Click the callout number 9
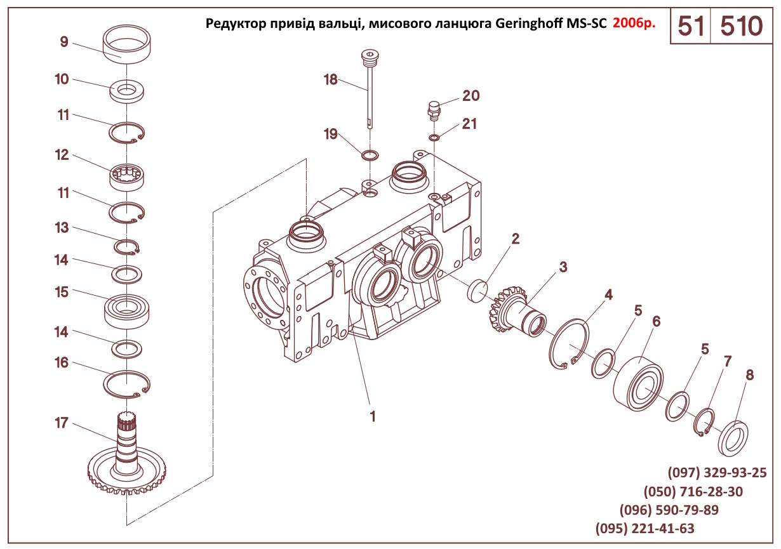pyautogui.click(x=64, y=43)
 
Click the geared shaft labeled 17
pyautogui.click(x=126, y=463)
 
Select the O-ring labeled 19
pyautogui.click(x=369, y=155)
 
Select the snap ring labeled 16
pyautogui.click(x=126, y=384)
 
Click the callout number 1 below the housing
pyautogui.click(x=373, y=417)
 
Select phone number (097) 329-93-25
pyautogui.click(x=717, y=473)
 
